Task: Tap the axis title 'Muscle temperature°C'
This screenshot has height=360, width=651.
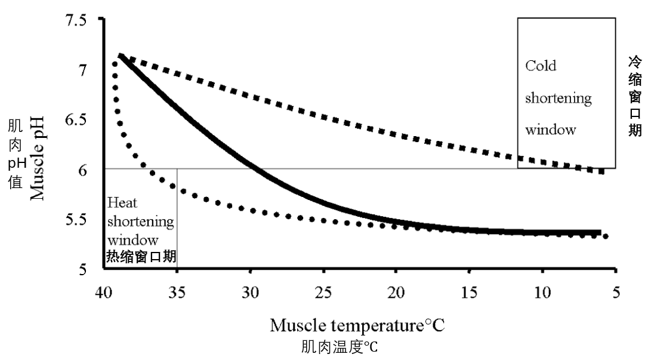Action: [357, 326]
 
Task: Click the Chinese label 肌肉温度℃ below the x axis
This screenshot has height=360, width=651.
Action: [340, 347]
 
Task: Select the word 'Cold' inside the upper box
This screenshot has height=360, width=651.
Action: [541, 66]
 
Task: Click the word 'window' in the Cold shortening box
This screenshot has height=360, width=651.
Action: [550, 130]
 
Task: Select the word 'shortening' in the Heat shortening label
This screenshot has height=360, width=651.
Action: [141, 221]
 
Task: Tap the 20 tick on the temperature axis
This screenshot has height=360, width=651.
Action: [396, 294]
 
